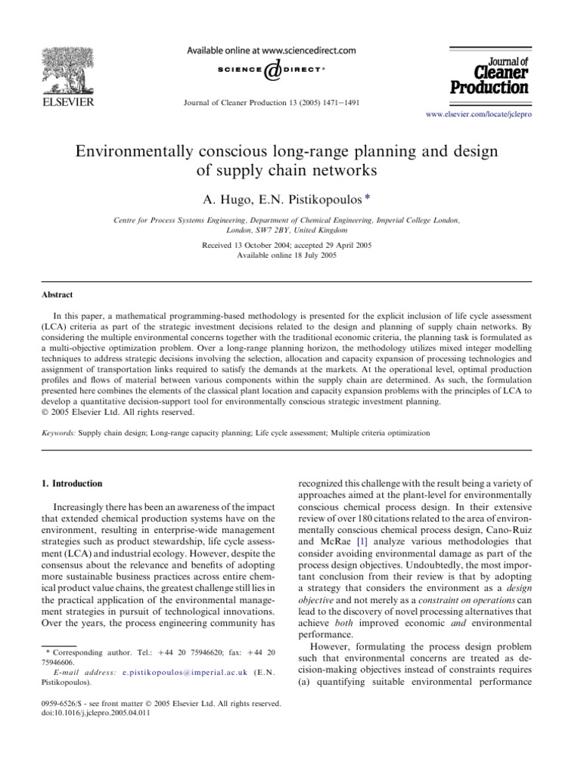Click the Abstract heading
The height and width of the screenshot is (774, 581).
click(52, 296)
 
